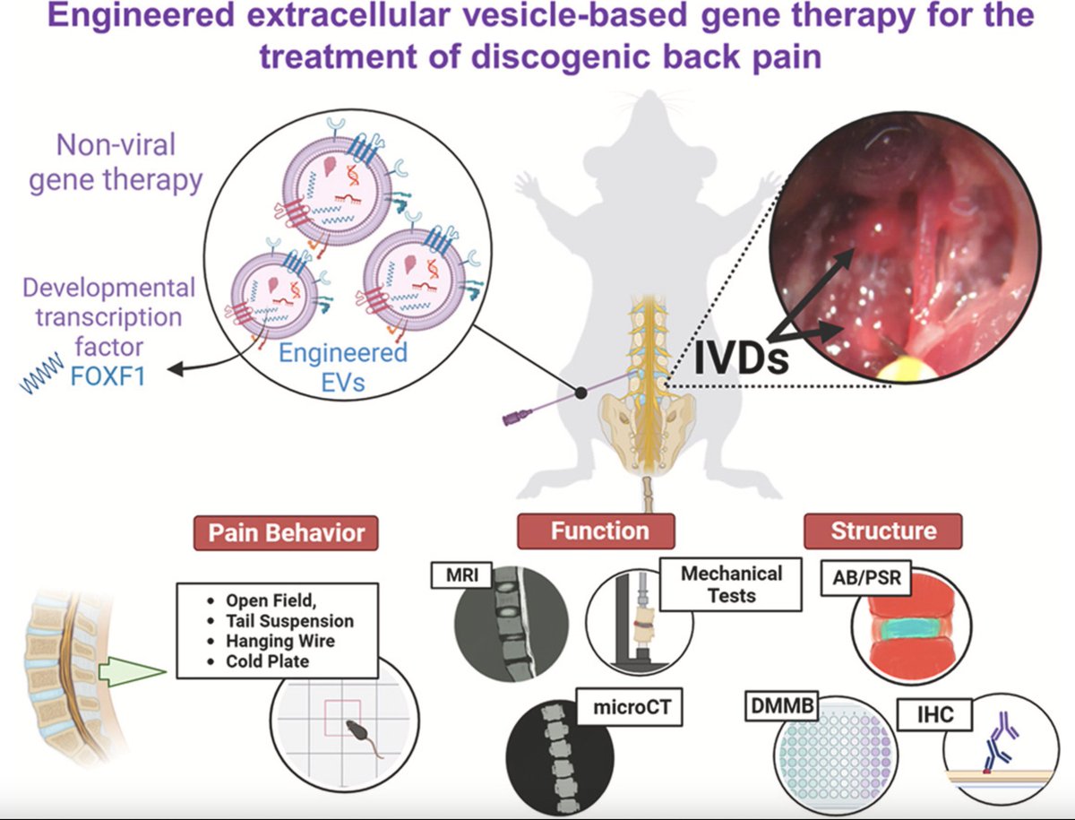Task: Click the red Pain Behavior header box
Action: coord(287,533)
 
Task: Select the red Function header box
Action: coord(600,531)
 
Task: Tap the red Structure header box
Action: coord(882,531)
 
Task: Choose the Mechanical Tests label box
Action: coord(731,583)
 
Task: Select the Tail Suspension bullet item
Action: coord(289,620)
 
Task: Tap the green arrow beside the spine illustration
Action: coord(139,671)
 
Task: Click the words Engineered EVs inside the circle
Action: coord(342,365)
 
